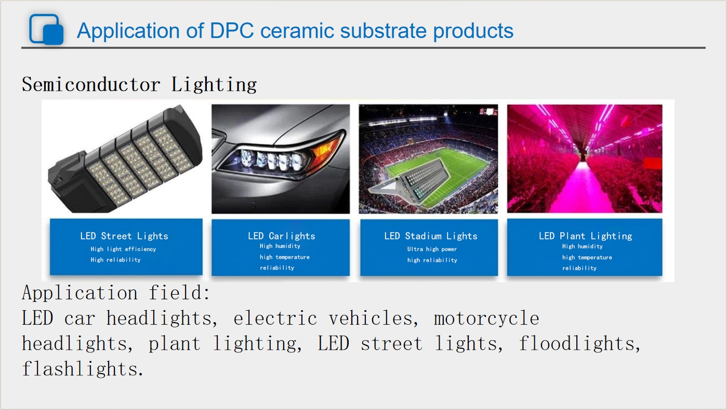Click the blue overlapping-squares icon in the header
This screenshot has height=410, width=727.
coord(46,29)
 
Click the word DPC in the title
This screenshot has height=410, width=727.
coord(232,31)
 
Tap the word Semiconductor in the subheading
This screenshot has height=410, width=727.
coord(91,84)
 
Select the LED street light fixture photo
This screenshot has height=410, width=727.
coord(125,158)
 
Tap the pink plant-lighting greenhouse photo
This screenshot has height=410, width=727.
coord(585,158)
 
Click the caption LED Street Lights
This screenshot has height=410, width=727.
coord(124,236)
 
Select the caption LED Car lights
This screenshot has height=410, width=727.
coord(281,236)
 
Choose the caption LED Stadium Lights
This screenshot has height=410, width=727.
coord(431,236)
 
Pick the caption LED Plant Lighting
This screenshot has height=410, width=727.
coord(586,236)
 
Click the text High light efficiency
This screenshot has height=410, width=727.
coord(123,249)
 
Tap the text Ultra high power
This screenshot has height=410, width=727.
coord(432,249)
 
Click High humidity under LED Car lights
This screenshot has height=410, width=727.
coord(280,246)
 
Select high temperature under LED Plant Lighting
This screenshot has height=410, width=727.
coord(587,257)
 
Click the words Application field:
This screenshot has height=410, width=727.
coord(116,293)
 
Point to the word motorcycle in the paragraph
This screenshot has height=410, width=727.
coord(486,318)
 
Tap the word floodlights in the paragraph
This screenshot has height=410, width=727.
coord(579,343)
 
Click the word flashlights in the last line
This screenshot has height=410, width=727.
coord(83,369)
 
